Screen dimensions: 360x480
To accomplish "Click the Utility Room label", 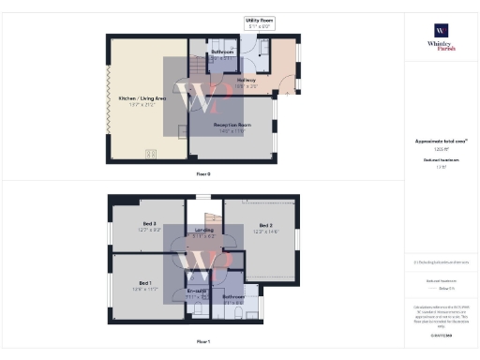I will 258,20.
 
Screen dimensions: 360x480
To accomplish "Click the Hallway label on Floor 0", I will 247,81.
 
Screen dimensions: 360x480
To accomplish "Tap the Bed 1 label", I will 146,283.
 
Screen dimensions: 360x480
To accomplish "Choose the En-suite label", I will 197,292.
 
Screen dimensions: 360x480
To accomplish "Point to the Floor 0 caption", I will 203,172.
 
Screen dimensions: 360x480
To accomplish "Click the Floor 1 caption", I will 203,342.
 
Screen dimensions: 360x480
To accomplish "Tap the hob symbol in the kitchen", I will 149,154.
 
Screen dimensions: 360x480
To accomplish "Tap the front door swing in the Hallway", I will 277,84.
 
